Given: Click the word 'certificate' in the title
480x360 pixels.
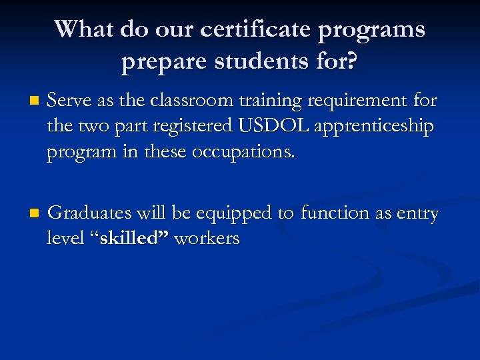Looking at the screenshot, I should tap(242, 30).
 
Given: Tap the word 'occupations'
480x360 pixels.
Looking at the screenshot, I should tap(243, 153).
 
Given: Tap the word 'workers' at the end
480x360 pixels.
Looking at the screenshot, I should tap(206, 239).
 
